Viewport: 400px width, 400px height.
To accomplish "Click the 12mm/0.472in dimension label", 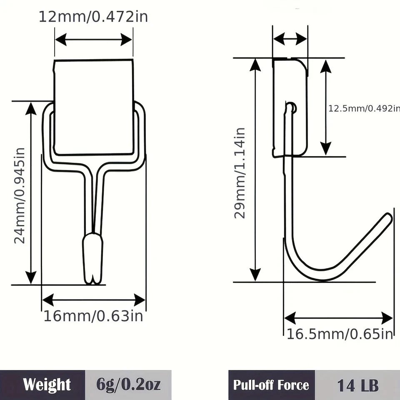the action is (93, 17).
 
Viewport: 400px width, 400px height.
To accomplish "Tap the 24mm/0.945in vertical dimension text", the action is (20, 196).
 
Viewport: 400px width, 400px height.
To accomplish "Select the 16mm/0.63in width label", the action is (93, 316).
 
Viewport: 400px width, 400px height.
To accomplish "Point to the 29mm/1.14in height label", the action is (240, 173).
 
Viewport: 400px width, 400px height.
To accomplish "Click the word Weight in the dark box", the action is (47, 385).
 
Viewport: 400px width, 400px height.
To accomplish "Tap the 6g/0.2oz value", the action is (128, 385).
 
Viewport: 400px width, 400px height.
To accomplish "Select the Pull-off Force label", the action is (271, 385).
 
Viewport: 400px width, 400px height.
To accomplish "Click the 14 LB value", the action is (357, 385).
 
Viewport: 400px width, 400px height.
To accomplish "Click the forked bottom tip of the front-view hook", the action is (93, 280).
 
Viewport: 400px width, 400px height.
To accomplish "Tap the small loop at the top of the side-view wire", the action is (291, 107).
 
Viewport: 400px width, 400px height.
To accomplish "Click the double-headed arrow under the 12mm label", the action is (94, 40).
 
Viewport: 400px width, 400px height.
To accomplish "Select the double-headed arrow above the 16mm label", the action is (93, 300).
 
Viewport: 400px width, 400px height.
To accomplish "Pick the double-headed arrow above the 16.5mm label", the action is (338, 318).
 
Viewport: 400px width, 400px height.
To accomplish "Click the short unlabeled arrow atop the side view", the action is (290, 39).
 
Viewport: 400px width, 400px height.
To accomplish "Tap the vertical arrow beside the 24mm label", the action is (31, 193).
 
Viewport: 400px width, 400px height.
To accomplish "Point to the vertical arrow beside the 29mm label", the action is (255, 170).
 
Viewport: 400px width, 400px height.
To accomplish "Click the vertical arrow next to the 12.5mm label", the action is (326, 107).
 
